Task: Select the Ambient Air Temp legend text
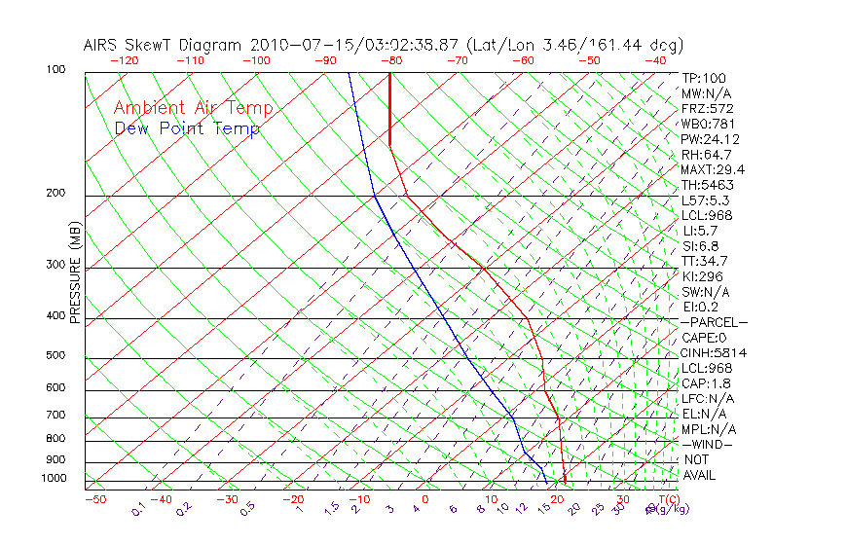pos(193,108)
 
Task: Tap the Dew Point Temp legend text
pos(187,128)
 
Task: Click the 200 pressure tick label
pos(55,194)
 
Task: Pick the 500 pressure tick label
pos(55,356)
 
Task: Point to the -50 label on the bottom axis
pos(94,499)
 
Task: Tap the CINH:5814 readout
pos(715,352)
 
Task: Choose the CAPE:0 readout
pos(704,338)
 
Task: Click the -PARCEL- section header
pos(715,322)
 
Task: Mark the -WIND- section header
pos(707,444)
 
